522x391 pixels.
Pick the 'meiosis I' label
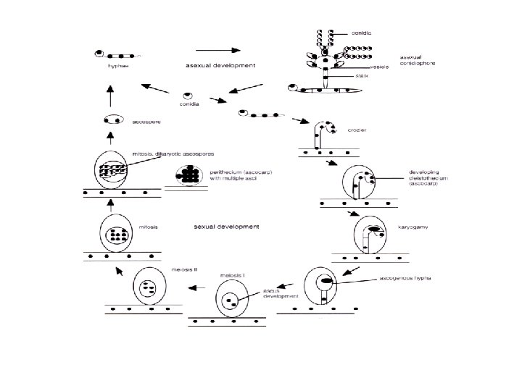[231, 276]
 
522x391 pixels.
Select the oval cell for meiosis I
[232, 298]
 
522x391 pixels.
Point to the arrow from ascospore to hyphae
[111, 93]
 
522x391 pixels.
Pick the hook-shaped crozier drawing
[323, 134]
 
